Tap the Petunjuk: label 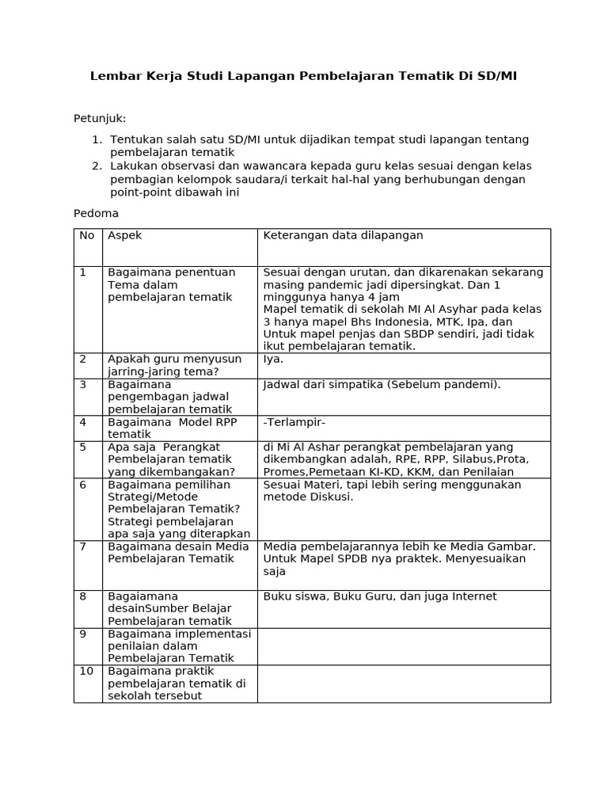click(100, 119)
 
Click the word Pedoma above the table click(96, 214)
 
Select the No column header click(87, 235)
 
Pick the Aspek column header click(125, 235)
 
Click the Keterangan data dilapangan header click(343, 235)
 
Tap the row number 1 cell click(83, 272)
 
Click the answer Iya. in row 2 click(273, 359)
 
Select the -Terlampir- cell click(294, 422)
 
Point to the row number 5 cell click(83, 447)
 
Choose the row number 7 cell click(83, 546)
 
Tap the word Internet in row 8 click(474, 596)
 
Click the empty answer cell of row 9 click(404, 646)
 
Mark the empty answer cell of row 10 click(404, 683)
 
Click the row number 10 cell click(86, 672)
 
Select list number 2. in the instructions click(97, 166)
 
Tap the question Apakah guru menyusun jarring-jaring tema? click(175, 365)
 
